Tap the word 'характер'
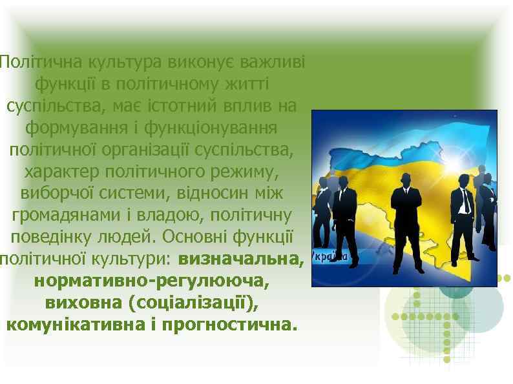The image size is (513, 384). [x=54, y=172]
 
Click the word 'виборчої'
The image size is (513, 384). [x=49, y=194]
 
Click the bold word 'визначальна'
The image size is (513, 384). [x=240, y=259]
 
